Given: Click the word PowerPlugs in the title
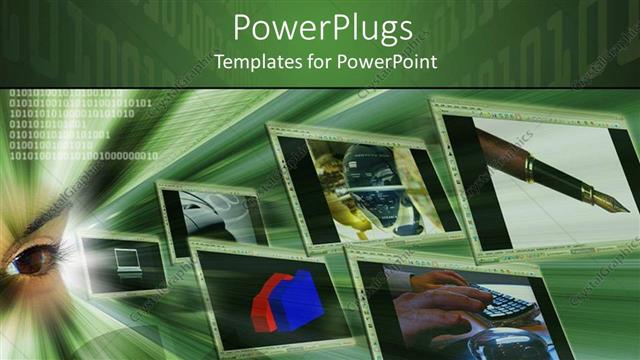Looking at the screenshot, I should (x=320, y=28).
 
